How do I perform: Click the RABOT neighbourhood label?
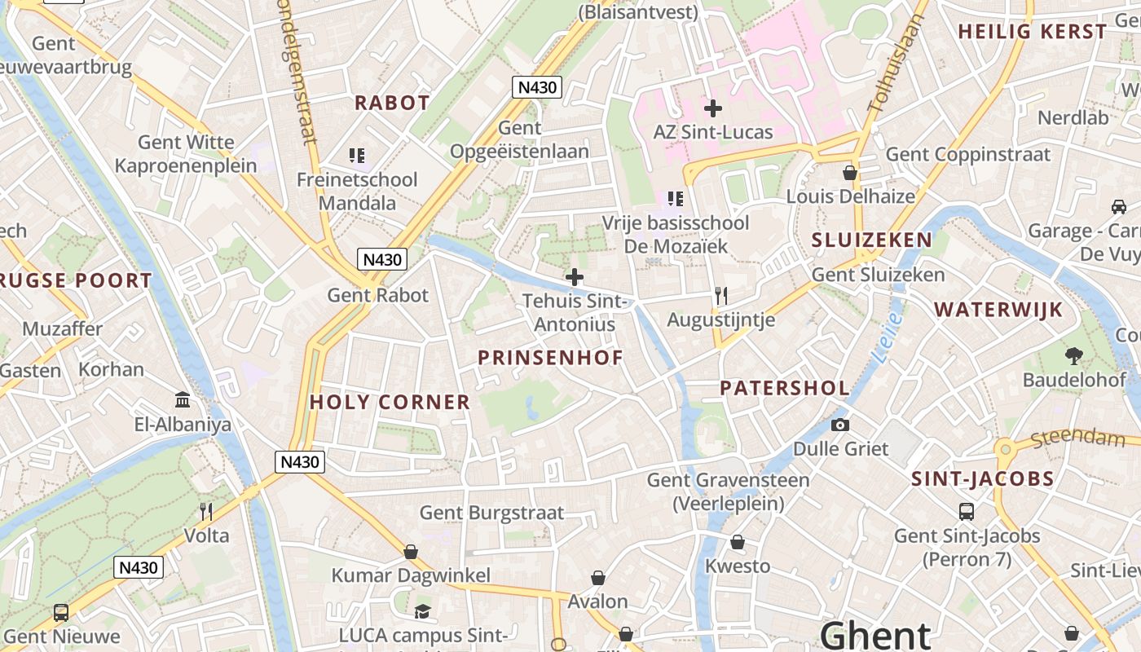pos(392,103)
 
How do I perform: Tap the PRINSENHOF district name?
pos(550,358)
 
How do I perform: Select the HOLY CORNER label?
pos(390,402)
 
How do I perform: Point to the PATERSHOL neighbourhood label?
pos(785,388)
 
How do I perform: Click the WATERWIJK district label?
pos(998,310)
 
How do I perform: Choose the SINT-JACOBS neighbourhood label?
pos(983,478)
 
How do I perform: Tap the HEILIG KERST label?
pos(1033,32)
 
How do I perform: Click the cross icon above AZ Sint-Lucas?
pos(713,108)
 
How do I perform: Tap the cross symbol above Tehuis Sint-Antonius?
pos(575,277)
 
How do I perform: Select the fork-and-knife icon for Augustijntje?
pos(720,295)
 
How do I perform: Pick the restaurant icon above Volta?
pos(206,511)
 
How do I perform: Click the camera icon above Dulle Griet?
pos(840,425)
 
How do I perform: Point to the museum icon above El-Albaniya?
pos(183,400)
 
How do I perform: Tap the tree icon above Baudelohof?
pos(1073,355)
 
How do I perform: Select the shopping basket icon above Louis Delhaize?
pos(850,173)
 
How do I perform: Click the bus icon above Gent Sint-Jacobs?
pos(967,512)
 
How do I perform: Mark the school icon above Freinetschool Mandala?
pos(356,155)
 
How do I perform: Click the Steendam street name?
pos(1077,438)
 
